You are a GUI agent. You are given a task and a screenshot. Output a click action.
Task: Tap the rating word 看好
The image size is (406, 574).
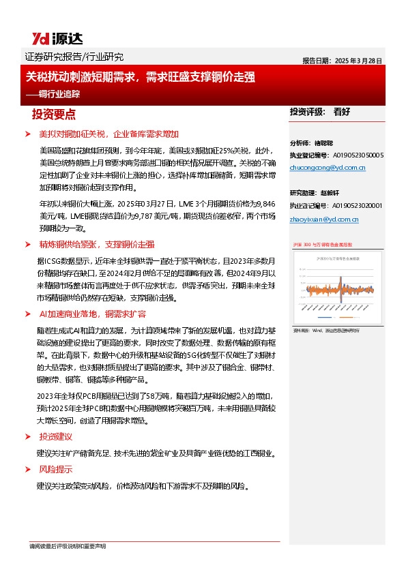tap(343, 112)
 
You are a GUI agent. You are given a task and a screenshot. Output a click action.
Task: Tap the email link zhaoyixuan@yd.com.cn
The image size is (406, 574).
tap(324, 220)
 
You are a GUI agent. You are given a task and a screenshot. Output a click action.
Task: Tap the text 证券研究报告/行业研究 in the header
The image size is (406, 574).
tap(69, 57)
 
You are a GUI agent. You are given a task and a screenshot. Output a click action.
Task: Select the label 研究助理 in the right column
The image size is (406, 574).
tap(304, 193)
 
